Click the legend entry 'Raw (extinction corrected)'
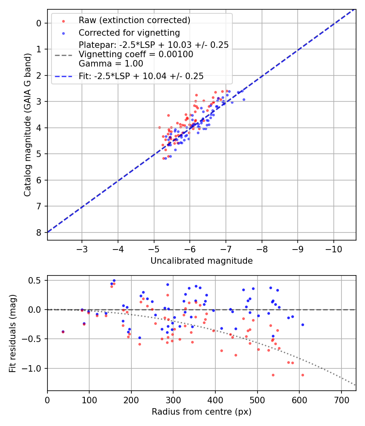(134, 20)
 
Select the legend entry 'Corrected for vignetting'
(129, 32)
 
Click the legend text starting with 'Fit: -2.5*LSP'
(141, 76)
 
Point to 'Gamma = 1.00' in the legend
(111, 64)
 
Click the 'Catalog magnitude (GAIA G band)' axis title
(27, 124)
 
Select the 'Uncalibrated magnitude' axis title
(202, 261)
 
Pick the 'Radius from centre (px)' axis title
(202, 412)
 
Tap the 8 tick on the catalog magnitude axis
(39, 232)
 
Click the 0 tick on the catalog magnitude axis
(39, 23)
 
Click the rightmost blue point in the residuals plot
(303, 325)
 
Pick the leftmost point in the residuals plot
(63, 331)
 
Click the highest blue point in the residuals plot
(114, 280)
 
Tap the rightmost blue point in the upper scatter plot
(244, 99)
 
